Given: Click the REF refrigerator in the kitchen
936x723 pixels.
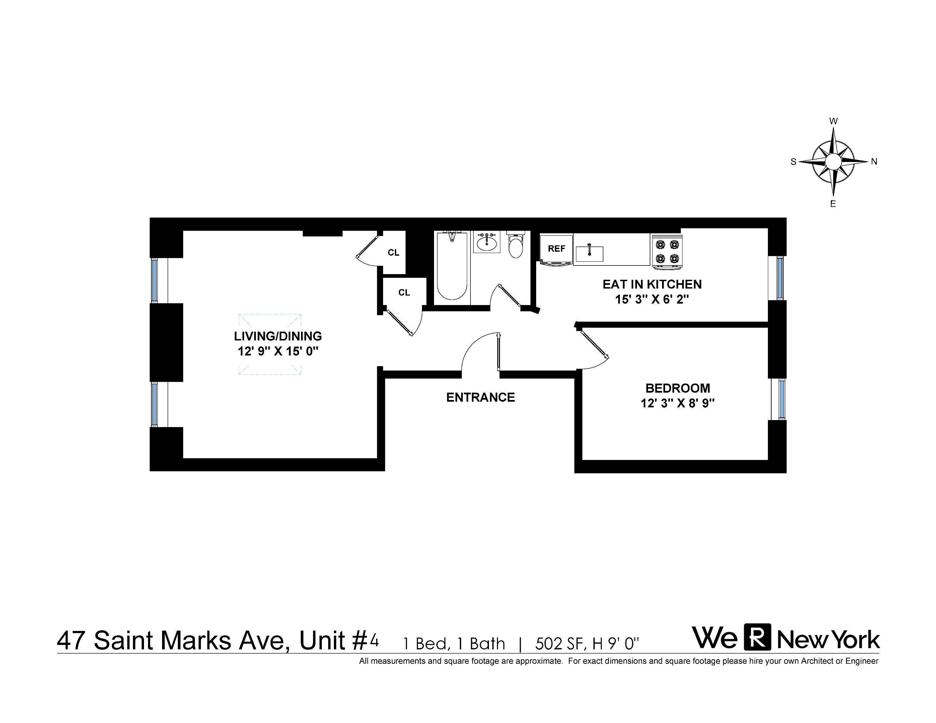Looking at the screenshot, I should pos(556,250).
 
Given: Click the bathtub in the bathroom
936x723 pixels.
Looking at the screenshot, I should pos(452,266).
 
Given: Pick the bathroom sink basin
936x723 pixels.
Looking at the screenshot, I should pos(487,244).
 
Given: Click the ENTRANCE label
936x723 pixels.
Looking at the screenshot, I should pos(481,397).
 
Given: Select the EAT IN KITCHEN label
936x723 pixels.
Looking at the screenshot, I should pos(652,285).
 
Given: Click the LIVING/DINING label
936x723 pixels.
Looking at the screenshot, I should pos(278,336).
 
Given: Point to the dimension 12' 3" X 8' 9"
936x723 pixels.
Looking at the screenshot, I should pos(677,403).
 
